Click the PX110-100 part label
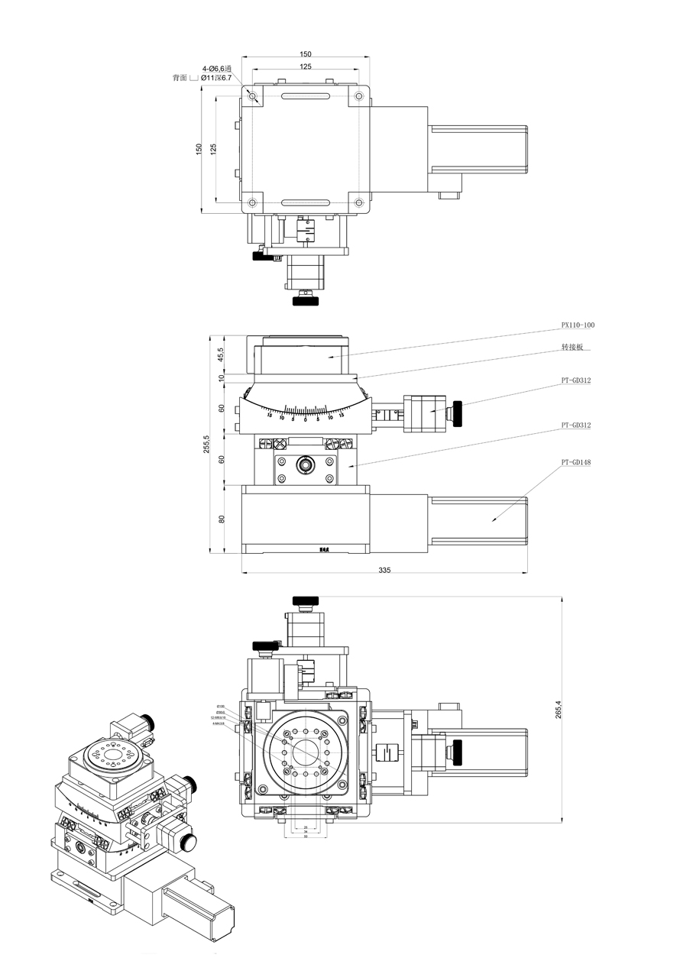[x=578, y=325]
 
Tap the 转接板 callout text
[x=572, y=346]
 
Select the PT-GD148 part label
[x=576, y=462]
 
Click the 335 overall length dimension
[x=384, y=570]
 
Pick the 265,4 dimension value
[x=559, y=709]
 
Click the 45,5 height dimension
[x=221, y=355]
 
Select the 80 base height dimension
[x=222, y=519]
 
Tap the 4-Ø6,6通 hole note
[x=217, y=68]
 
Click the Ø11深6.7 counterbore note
[x=215, y=78]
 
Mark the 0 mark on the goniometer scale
[x=306, y=419]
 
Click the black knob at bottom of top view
[x=306, y=299]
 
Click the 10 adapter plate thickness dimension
[x=222, y=377]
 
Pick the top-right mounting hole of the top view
[x=359, y=96]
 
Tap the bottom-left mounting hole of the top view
[x=252, y=202]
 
